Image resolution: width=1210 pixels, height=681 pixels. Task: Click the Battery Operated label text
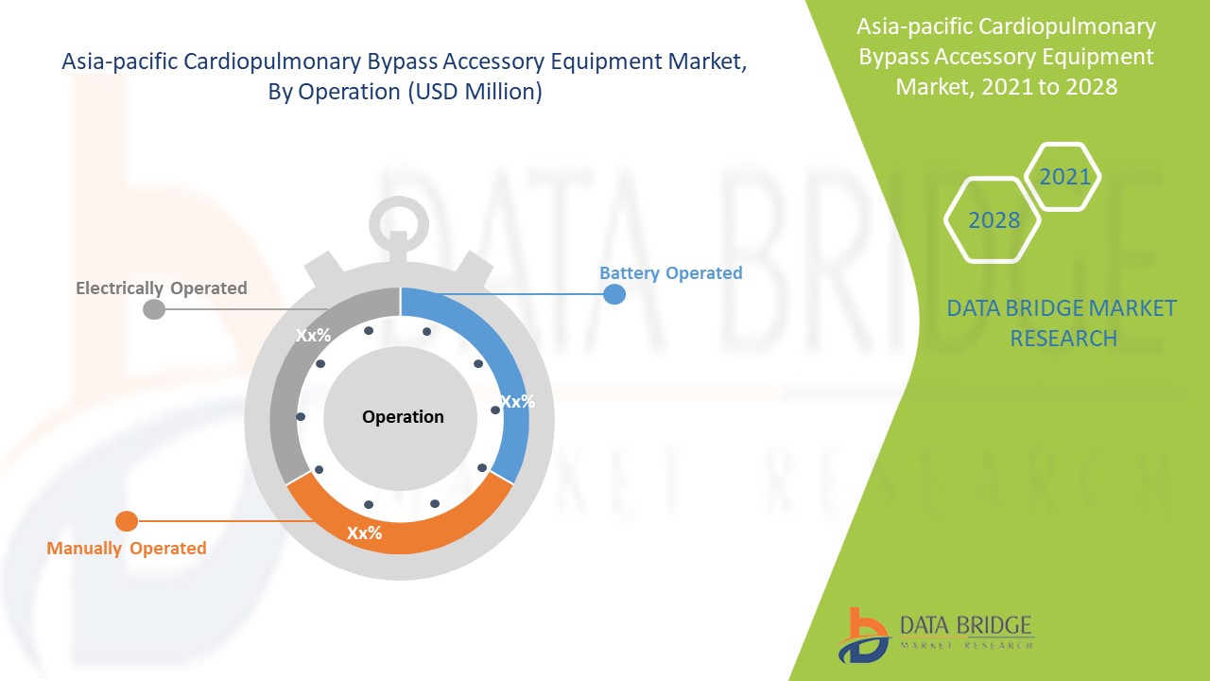point(670,272)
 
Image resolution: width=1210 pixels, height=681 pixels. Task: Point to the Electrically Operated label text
point(162,288)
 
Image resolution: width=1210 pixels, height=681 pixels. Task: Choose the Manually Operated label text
point(127,548)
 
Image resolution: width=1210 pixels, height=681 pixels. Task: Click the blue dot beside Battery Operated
point(614,293)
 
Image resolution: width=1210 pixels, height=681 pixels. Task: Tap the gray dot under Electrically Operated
point(154,309)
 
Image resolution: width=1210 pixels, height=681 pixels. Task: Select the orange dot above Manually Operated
point(127,521)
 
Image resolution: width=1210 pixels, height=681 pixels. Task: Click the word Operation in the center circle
point(403,417)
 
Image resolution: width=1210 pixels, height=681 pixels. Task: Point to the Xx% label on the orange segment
point(364,533)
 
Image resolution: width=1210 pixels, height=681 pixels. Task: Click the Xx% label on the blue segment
point(517,401)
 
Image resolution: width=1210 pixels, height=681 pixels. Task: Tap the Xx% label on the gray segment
point(313,336)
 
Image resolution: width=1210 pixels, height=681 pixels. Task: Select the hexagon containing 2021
point(1064,176)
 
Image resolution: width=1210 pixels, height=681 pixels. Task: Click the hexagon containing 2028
point(994,219)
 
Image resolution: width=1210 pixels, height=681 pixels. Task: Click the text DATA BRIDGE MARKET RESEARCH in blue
point(1062,323)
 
